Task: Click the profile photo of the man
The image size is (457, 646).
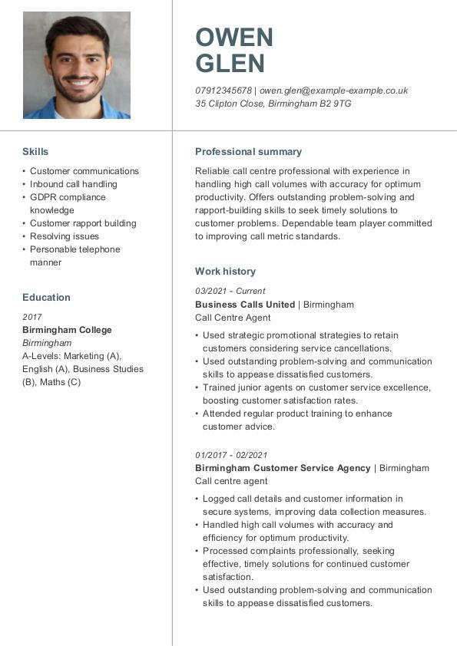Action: (x=77, y=65)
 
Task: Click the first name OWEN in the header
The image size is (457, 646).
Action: (x=234, y=38)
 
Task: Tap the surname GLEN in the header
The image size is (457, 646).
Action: (x=230, y=64)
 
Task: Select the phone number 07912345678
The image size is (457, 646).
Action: (x=224, y=91)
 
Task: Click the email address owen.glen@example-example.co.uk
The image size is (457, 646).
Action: (x=333, y=91)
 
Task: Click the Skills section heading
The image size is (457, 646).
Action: (x=35, y=152)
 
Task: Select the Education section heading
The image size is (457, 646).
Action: (x=46, y=298)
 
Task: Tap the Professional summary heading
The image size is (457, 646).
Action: (x=248, y=152)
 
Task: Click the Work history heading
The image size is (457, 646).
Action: (x=225, y=272)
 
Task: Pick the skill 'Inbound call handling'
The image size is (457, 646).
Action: (x=74, y=184)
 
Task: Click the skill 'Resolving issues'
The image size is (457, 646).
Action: (x=65, y=236)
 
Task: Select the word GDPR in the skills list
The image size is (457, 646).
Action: (x=43, y=197)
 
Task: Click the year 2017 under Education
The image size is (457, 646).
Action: (x=32, y=317)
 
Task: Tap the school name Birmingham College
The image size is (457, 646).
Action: (x=67, y=330)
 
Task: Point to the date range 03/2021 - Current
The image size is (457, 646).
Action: (x=230, y=292)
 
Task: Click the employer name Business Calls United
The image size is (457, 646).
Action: (x=245, y=305)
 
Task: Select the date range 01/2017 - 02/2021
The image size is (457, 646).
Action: (x=231, y=455)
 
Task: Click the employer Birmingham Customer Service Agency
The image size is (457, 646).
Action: (x=283, y=468)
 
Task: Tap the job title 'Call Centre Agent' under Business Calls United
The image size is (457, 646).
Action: (x=233, y=318)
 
